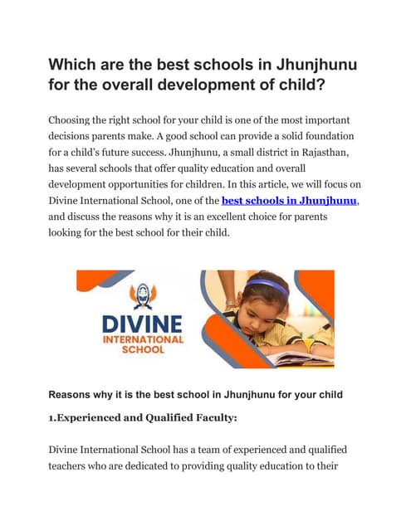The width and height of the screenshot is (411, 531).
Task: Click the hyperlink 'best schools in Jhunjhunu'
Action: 290,201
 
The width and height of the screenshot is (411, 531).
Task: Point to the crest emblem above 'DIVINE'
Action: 131,297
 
